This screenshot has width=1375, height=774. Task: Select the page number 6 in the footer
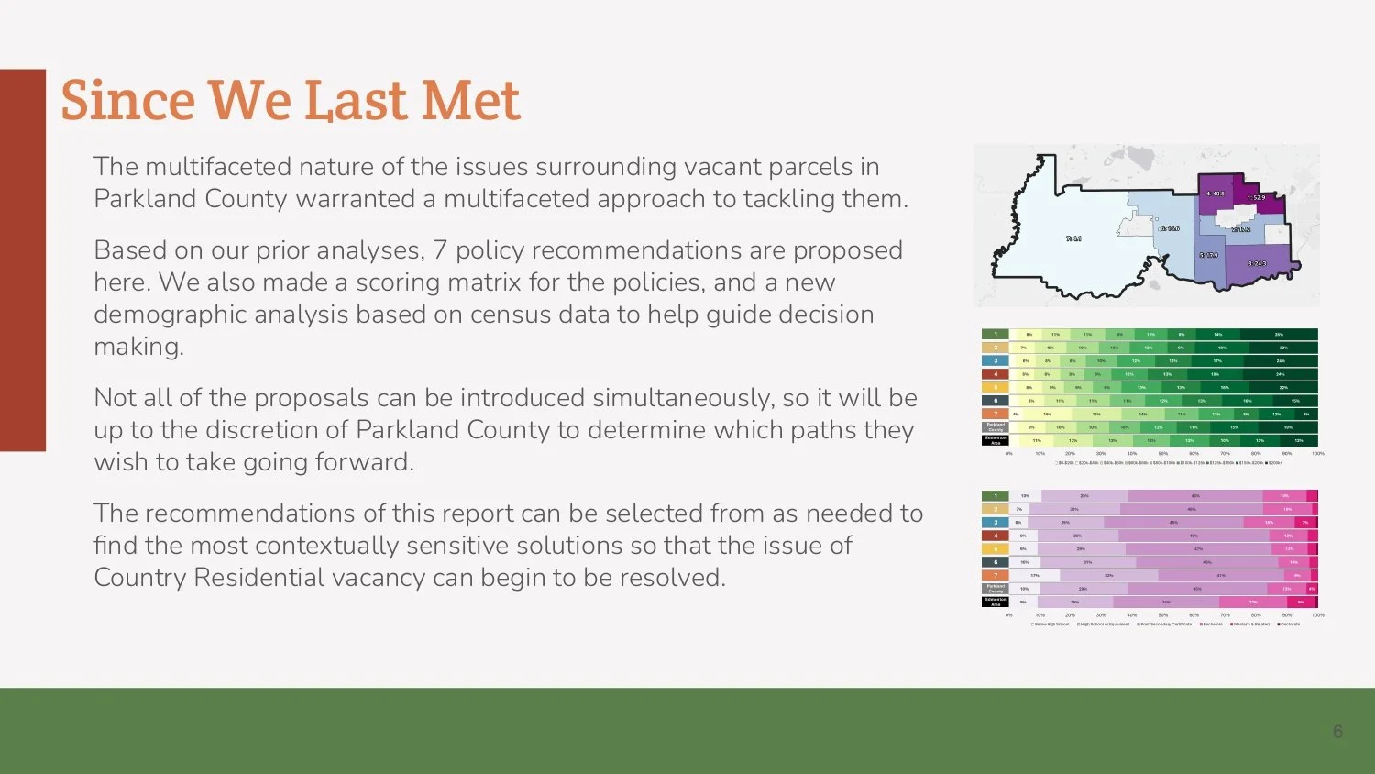tap(1337, 731)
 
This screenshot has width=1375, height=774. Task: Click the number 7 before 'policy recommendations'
tap(440, 250)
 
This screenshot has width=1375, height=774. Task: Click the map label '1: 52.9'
tap(1255, 198)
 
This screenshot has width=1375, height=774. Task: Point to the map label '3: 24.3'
tap(1257, 264)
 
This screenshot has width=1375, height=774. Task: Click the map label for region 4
tap(1215, 193)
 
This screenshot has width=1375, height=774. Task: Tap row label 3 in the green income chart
tap(995, 360)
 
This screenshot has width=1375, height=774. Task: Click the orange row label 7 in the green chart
tap(995, 414)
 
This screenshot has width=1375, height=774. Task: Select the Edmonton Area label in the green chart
tap(995, 440)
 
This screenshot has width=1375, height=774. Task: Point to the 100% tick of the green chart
tap(1317, 453)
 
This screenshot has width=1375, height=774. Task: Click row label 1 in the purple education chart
tap(995, 495)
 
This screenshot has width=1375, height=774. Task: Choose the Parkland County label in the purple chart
tap(995, 588)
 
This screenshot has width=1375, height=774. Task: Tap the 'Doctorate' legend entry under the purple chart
tap(1289, 624)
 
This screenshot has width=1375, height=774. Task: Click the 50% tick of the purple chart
tap(1162, 614)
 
